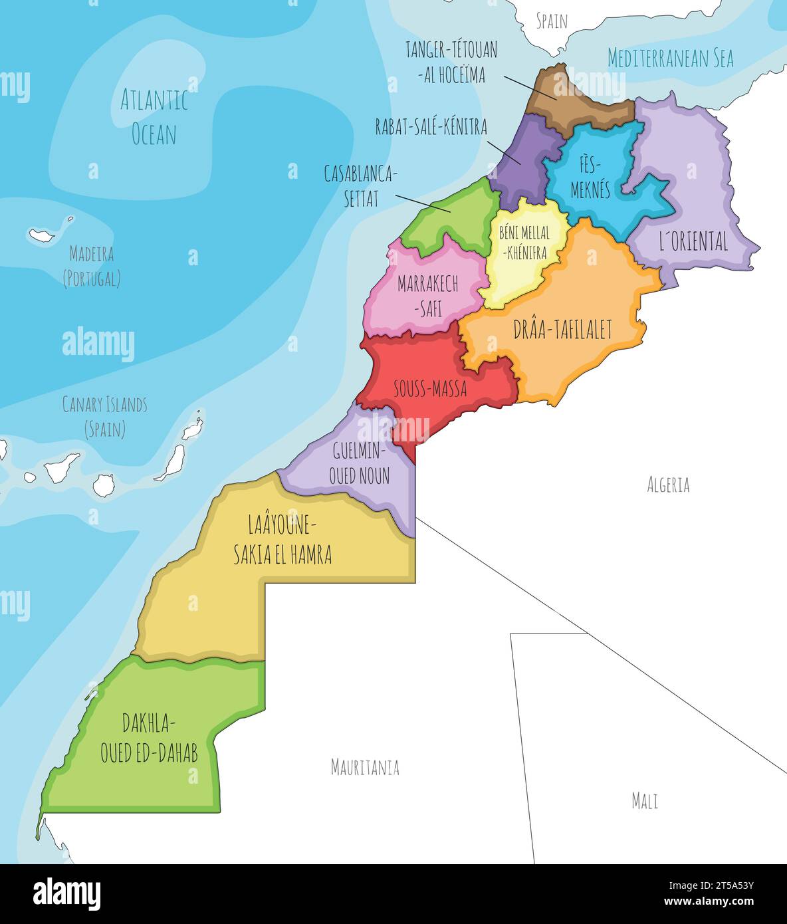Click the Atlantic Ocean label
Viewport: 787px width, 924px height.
pyautogui.click(x=154, y=118)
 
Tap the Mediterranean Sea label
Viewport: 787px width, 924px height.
pyautogui.click(x=670, y=58)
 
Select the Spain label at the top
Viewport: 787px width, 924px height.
pyautogui.click(x=552, y=21)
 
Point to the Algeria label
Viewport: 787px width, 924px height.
pyautogui.click(x=668, y=485)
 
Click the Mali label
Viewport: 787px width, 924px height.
pyautogui.click(x=644, y=800)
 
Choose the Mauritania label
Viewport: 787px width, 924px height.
pyautogui.click(x=365, y=767)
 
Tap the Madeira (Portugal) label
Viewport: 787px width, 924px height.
pyautogui.click(x=92, y=266)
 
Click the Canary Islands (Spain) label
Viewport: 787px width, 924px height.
pyautogui.click(x=104, y=416)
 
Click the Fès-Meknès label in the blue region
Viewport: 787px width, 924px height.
pyautogui.click(x=590, y=177)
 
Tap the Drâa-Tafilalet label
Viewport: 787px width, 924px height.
pyautogui.click(x=562, y=330)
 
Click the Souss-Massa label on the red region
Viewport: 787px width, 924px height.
pyautogui.click(x=429, y=389)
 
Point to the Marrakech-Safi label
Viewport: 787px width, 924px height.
pyautogui.click(x=427, y=295)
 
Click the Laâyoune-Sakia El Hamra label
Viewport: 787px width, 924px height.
pyautogui.click(x=282, y=540)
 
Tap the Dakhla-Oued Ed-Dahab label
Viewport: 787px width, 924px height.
pyautogui.click(x=149, y=738)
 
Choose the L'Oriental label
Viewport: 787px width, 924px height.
pyautogui.click(x=693, y=241)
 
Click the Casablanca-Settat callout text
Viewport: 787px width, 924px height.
pyautogui.click(x=360, y=186)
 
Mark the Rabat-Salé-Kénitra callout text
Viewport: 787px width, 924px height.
pyautogui.click(x=431, y=126)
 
